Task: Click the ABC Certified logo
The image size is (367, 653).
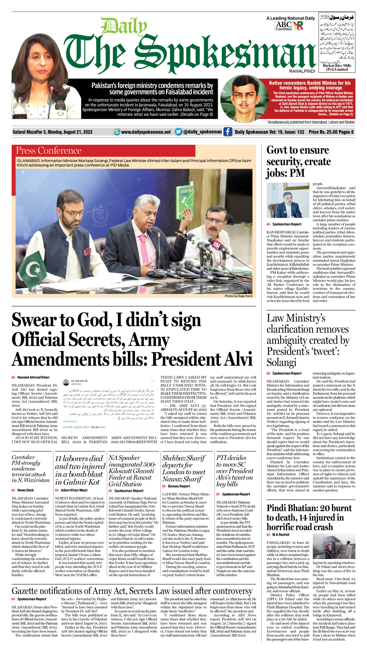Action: [x=283, y=26]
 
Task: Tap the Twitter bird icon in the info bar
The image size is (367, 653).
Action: [x=178, y=132]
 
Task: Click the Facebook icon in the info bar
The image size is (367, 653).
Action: [x=228, y=132]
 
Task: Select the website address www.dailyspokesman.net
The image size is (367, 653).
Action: [x=146, y=132]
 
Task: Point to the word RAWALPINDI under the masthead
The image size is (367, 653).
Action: [x=302, y=71]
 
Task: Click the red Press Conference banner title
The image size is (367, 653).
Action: [x=49, y=150]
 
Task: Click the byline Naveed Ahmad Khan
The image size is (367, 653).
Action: [x=33, y=377]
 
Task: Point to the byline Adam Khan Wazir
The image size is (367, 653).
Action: [x=74, y=490]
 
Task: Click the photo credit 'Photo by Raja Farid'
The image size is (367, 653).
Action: [x=238, y=296]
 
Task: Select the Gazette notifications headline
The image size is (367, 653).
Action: [x=132, y=591]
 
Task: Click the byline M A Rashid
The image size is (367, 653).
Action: [x=281, y=534]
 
